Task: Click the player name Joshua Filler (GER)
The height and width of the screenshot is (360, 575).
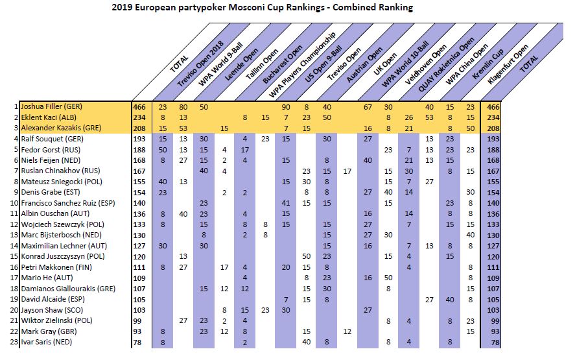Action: pyautogui.click(x=51, y=106)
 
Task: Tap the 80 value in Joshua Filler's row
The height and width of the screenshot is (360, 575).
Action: pyautogui.click(x=183, y=106)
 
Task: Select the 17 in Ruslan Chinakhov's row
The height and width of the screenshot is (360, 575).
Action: pyautogui.click(x=347, y=170)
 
